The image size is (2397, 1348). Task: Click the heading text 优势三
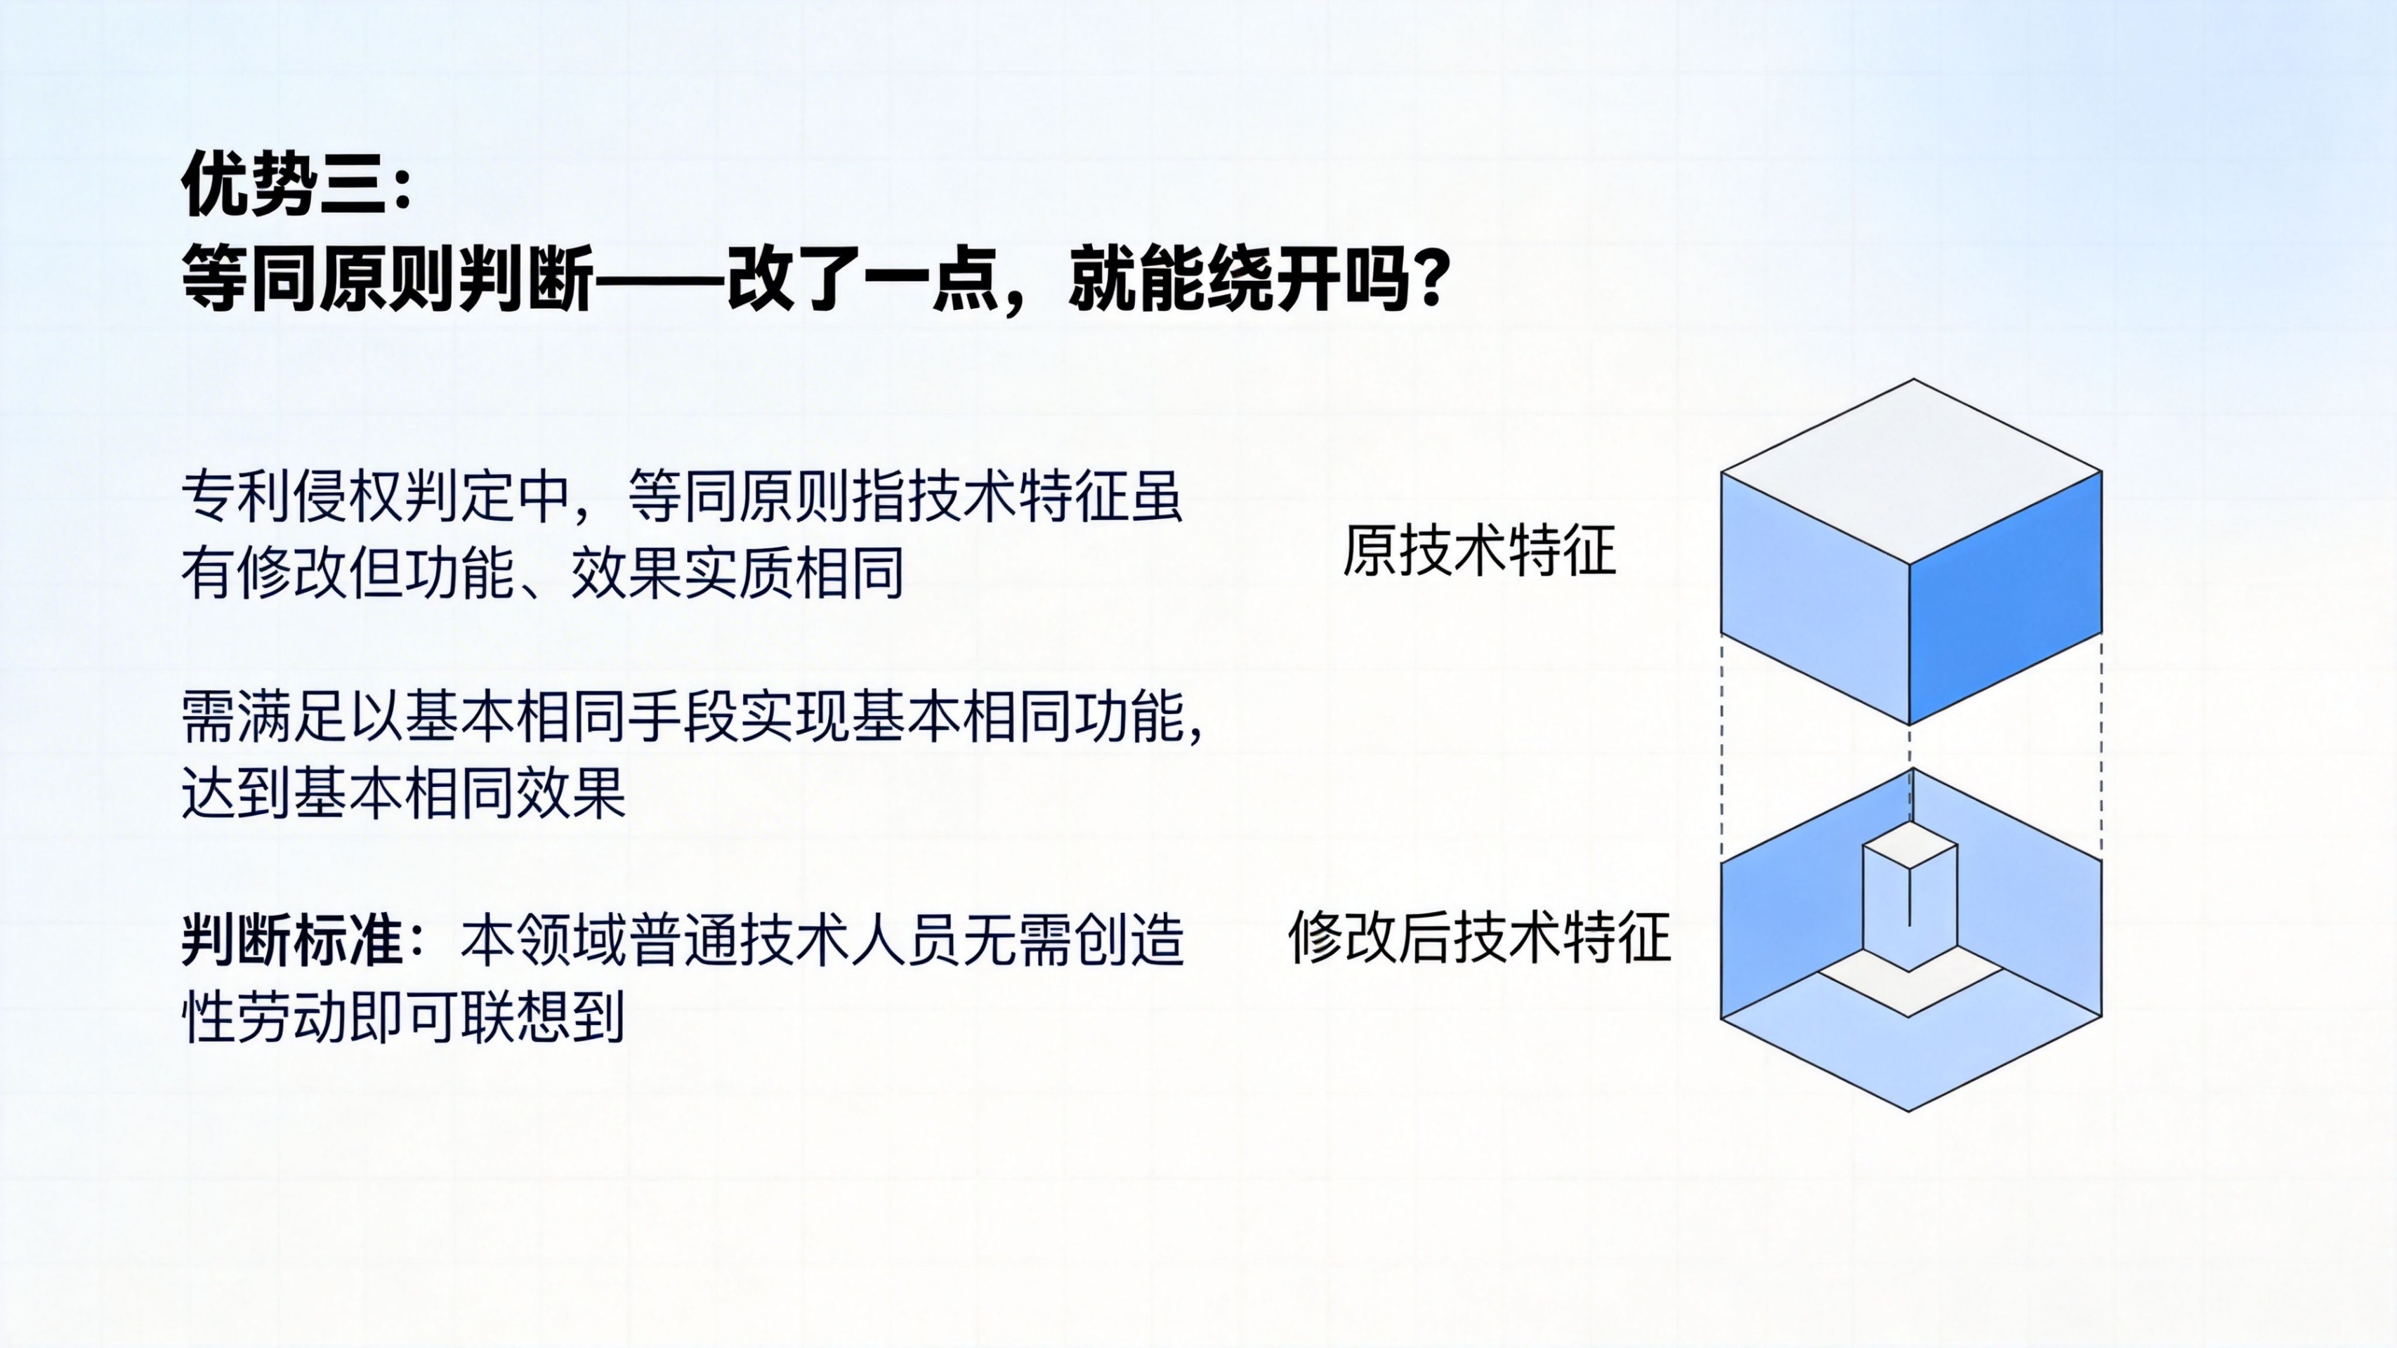click(x=283, y=184)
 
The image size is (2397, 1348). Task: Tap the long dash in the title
click(x=659, y=279)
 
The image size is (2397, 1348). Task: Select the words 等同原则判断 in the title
click(x=387, y=278)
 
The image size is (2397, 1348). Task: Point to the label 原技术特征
click(x=1478, y=550)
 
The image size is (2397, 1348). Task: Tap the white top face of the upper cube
click(x=1911, y=470)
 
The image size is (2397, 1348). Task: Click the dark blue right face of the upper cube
click(x=2005, y=597)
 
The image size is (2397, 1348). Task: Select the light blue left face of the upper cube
click(x=1815, y=597)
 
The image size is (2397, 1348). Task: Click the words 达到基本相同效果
click(x=404, y=793)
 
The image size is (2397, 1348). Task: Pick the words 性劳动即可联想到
click(x=403, y=1017)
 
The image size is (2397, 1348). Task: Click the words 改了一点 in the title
click(x=862, y=278)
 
